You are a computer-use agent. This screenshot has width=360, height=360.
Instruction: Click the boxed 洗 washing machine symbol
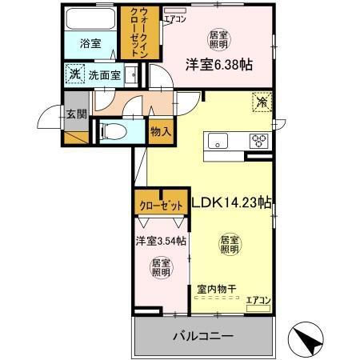73,76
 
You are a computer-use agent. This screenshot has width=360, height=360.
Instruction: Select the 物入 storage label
161,130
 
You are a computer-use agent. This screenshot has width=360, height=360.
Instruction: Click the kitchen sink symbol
219,142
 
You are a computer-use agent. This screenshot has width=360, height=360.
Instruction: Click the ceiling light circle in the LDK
230,244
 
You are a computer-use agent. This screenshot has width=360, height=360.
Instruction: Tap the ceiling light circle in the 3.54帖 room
161,267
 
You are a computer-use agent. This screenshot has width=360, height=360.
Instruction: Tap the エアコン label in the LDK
258,300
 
